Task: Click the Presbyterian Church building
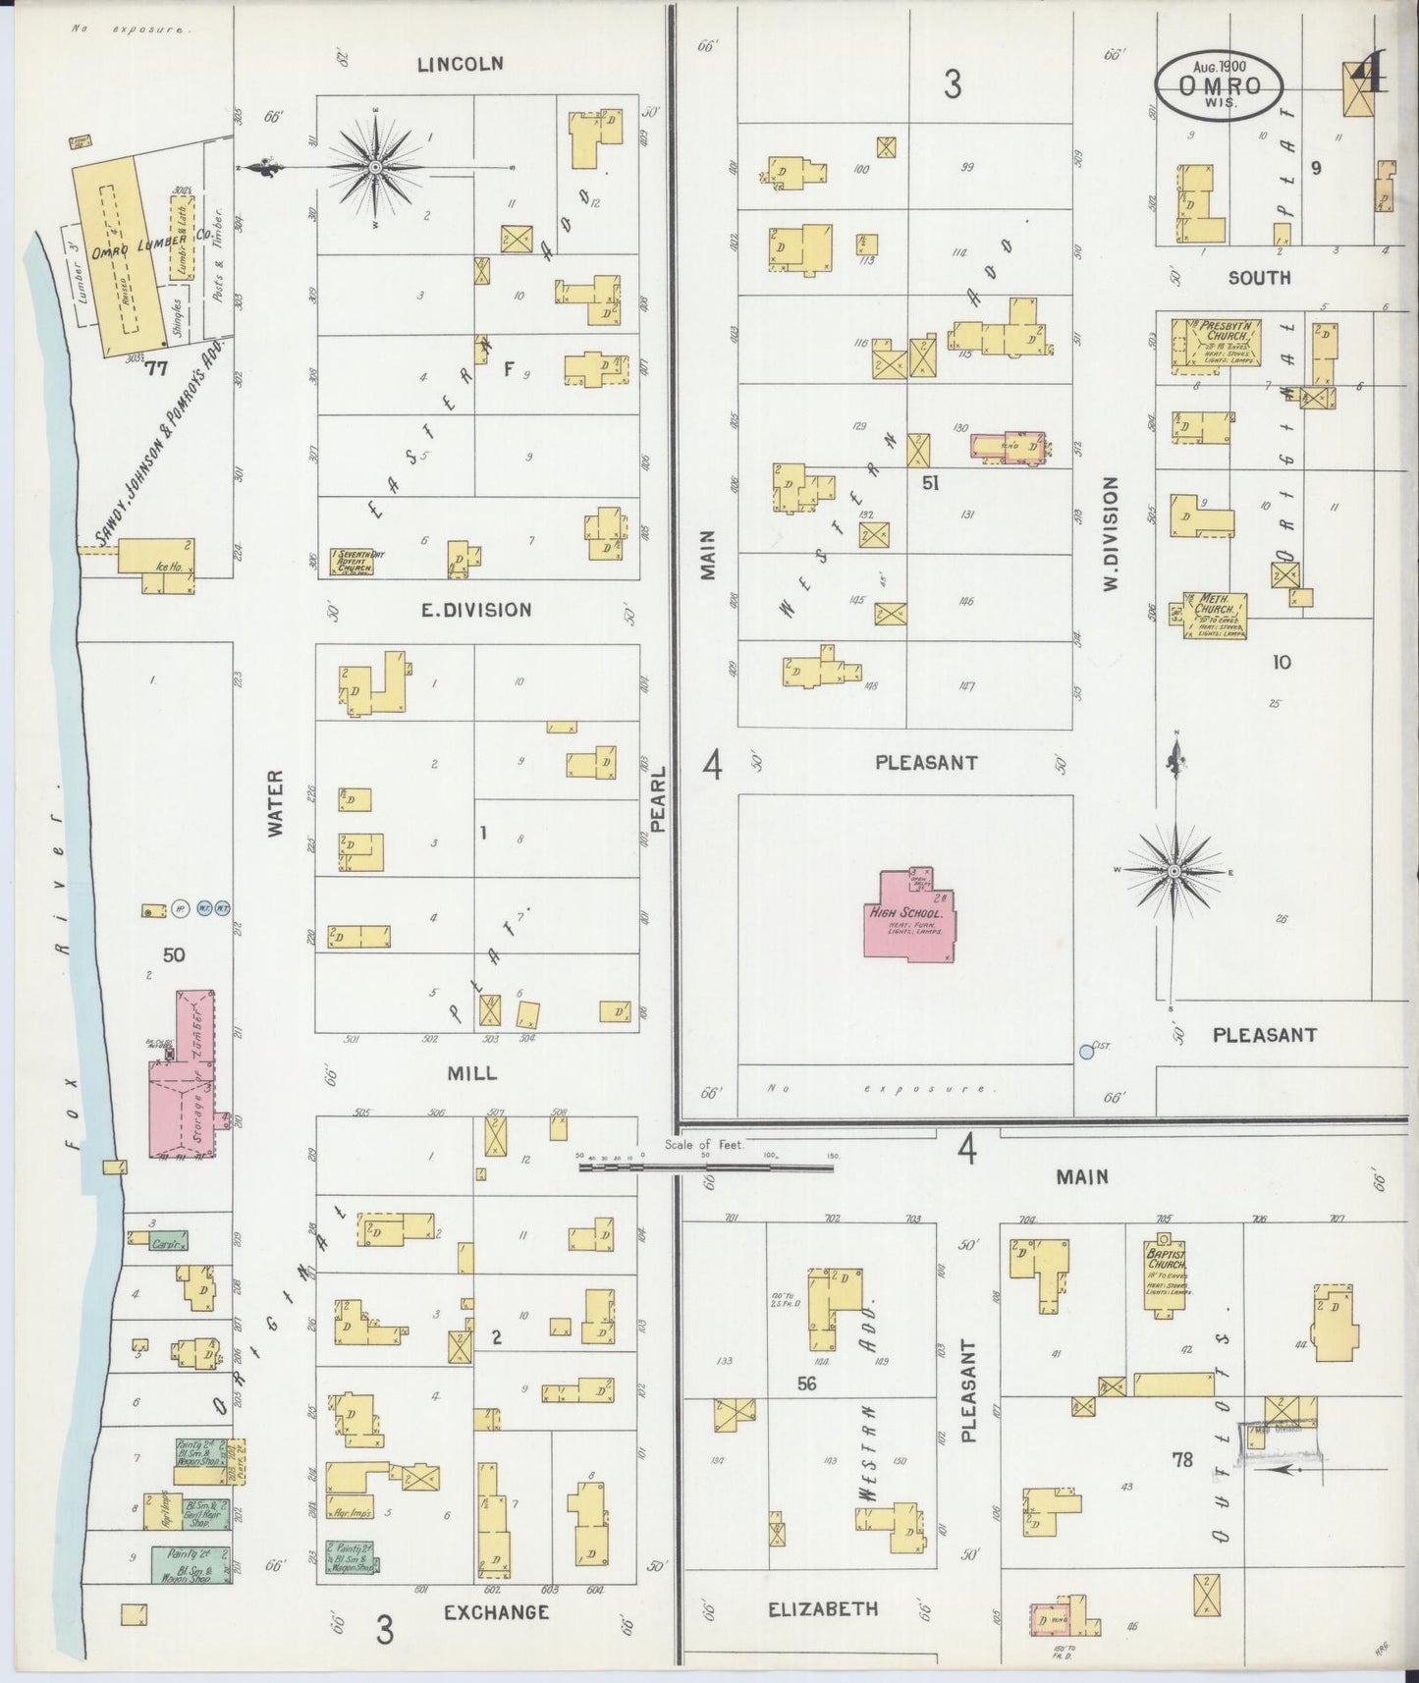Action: coord(1216,345)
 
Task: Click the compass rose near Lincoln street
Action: coord(376,168)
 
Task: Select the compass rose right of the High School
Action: coord(1174,871)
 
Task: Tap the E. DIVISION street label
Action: coord(476,610)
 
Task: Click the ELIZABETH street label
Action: coord(823,1608)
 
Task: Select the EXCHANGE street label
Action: coord(496,1612)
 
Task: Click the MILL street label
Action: coord(471,1074)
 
